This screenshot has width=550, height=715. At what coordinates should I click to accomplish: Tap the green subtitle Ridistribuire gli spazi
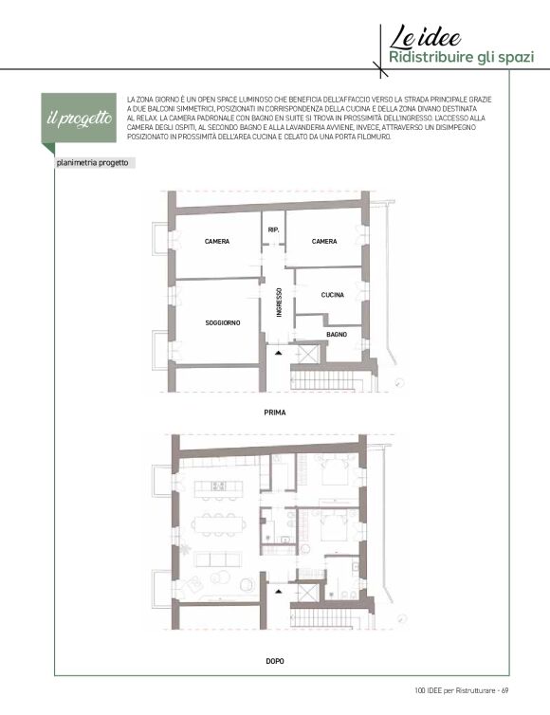(x=461, y=58)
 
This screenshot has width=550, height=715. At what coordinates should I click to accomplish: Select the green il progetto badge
(x=79, y=119)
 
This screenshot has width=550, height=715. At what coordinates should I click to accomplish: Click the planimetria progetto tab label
(x=92, y=163)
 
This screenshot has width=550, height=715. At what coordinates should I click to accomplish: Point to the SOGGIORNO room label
(x=223, y=322)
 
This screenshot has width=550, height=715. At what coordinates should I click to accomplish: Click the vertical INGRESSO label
(x=279, y=302)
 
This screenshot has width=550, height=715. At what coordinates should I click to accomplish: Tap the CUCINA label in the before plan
(x=333, y=295)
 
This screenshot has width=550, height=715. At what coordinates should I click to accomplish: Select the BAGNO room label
(x=337, y=334)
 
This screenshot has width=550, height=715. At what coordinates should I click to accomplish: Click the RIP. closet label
(x=274, y=230)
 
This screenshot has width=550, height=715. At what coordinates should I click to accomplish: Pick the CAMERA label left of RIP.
(x=217, y=241)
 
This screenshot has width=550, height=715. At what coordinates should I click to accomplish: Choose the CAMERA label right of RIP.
(x=324, y=241)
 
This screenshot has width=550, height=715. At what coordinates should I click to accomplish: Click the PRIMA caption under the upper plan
(x=275, y=412)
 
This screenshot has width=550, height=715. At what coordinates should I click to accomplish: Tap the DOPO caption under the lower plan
(x=275, y=661)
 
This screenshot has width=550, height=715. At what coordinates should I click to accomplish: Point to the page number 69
(x=505, y=690)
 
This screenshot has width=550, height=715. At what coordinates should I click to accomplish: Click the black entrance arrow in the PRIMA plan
(x=278, y=353)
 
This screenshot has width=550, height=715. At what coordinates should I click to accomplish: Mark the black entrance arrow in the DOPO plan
(x=278, y=592)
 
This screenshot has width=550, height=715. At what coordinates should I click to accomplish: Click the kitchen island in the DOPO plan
(x=217, y=489)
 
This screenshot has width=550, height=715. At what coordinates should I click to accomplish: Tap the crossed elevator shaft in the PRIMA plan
(x=308, y=354)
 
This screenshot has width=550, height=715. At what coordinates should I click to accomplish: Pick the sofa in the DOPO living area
(x=217, y=559)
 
